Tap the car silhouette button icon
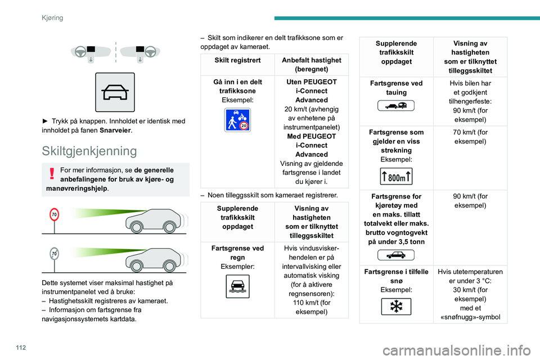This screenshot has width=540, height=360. (115, 92)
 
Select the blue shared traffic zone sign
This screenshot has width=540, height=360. (237, 120)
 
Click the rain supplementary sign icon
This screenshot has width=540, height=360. (237, 285)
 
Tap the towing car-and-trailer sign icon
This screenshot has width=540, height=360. (396, 105)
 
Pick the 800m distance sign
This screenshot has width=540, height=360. (396, 177)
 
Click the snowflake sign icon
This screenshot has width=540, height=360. (396, 307)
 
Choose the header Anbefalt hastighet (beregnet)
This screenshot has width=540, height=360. (311, 64)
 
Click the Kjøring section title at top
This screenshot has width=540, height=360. (52, 17)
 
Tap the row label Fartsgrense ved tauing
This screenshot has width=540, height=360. (396, 87)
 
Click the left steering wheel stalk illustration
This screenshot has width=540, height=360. (90, 52)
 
